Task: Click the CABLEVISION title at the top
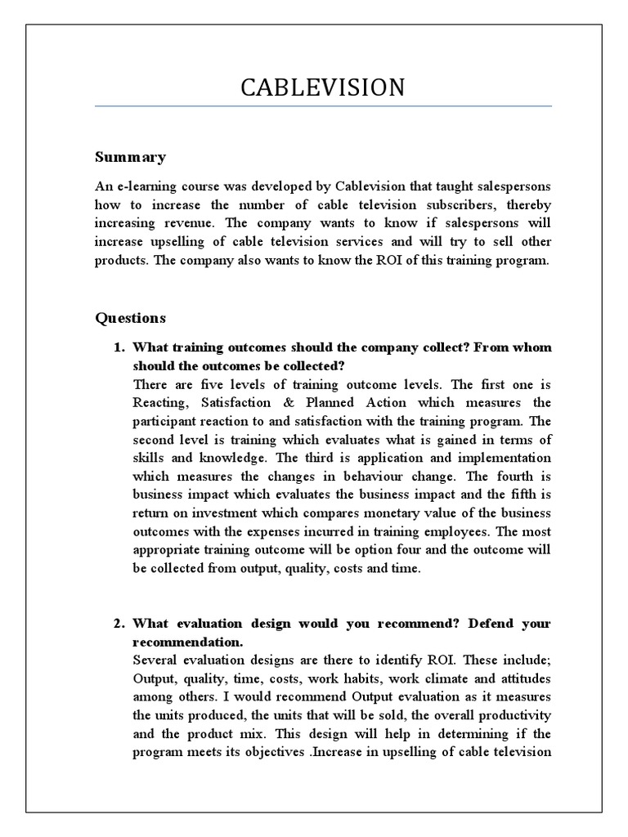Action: (323, 87)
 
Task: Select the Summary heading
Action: (130, 157)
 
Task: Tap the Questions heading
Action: (130, 317)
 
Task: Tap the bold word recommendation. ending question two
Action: (187, 642)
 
